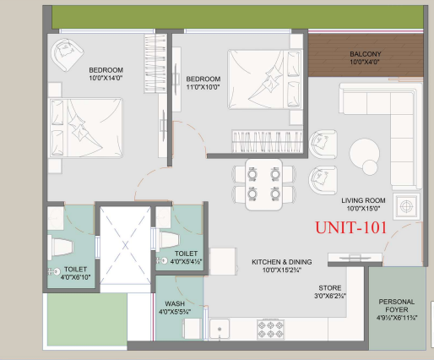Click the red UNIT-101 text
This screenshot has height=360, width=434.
click(350, 227)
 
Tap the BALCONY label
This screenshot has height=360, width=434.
click(366, 54)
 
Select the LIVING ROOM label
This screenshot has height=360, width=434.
click(363, 200)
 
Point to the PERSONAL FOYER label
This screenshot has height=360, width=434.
click(397, 306)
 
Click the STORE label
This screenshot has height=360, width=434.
click(330, 288)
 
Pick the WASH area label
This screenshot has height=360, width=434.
click(175, 303)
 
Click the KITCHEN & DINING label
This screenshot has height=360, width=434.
click(282, 262)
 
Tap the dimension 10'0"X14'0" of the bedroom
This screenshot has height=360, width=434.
click(106, 78)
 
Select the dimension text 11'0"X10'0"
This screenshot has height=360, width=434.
click(203, 87)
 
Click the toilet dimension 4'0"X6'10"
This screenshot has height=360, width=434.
click(75, 277)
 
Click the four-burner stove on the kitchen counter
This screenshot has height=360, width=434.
click(270, 330)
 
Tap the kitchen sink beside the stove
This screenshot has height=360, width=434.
click(220, 329)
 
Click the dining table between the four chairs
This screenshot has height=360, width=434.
click(263, 184)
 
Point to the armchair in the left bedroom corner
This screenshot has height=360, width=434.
click(67, 55)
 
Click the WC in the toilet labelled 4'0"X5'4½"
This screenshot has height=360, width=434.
click(168, 240)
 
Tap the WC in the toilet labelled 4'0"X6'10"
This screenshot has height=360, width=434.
click(61, 248)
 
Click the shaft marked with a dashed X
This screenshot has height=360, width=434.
click(125, 246)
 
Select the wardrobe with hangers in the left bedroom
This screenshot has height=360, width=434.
click(155, 63)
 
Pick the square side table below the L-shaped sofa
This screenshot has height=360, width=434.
click(406, 206)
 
